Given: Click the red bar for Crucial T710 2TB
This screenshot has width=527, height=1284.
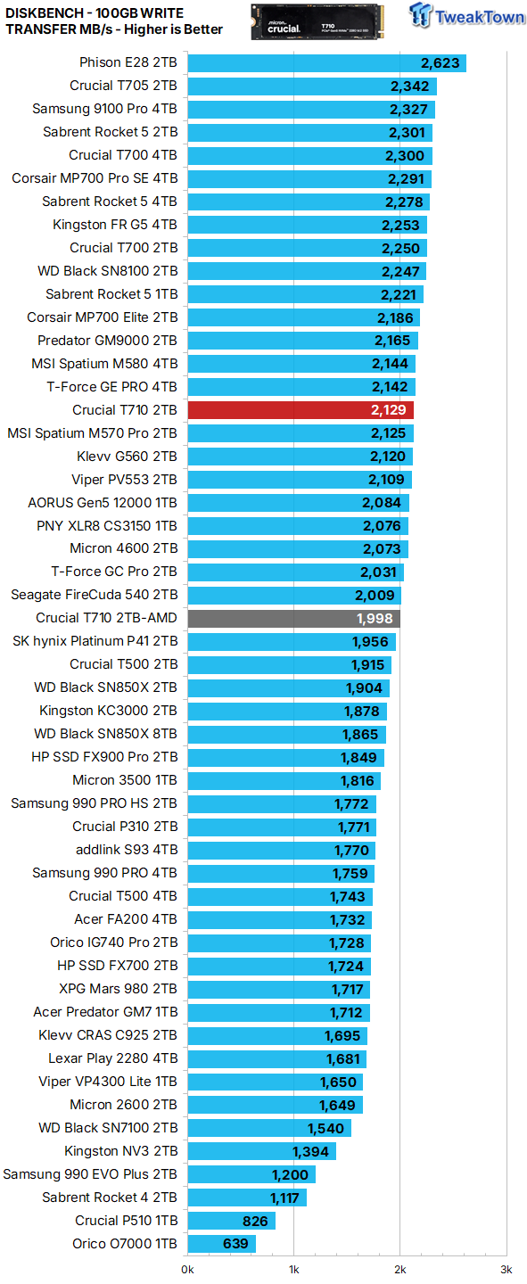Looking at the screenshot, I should click(301, 410).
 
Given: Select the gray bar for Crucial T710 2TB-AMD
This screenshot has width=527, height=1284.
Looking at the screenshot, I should click(293, 618).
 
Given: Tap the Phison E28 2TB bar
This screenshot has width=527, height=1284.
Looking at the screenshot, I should click(326, 62).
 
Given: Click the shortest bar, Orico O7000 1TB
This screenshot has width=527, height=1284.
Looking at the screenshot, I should click(221, 1244).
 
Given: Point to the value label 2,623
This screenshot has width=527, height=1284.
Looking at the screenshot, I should click(440, 62).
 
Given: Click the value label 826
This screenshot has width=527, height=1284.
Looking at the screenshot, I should click(257, 1221).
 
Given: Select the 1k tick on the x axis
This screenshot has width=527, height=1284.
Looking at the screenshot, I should click(293, 1269).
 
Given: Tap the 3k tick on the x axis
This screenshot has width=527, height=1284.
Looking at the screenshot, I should click(506, 1269).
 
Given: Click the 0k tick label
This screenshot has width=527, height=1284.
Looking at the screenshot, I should click(188, 1269).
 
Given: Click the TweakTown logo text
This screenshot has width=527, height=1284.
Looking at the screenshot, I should click(479, 18).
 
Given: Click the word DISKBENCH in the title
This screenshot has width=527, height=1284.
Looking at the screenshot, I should click(45, 11).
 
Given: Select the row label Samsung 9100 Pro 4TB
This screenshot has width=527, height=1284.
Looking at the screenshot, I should click(104, 109).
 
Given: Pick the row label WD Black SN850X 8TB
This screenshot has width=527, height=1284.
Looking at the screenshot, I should click(105, 734).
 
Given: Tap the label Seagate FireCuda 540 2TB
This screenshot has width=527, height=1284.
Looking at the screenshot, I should click(94, 595).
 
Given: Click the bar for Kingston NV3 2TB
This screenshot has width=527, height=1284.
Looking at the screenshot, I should click(262, 1151).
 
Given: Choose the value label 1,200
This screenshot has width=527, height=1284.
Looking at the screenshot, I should click(289, 1174).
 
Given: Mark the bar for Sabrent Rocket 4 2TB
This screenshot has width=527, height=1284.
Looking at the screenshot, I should click(247, 1198).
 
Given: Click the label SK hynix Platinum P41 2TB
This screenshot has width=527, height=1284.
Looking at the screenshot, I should click(95, 641).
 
